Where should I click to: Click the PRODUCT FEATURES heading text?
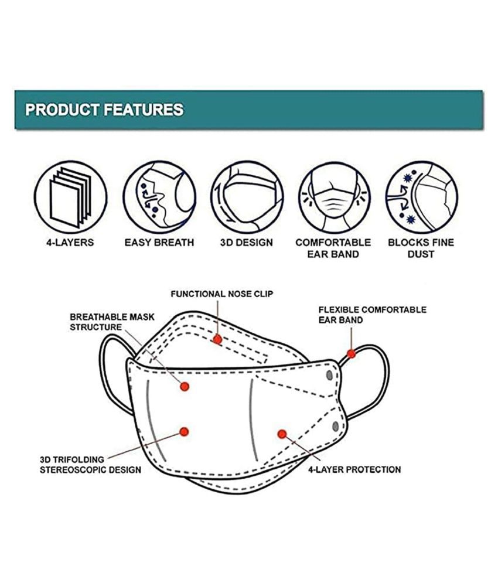tap(104, 110)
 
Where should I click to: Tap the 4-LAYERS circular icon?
tap(71, 197)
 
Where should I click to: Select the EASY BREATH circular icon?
tap(159, 197)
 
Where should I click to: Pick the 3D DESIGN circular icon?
tap(247, 197)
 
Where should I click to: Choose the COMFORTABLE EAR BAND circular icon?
tap(335, 197)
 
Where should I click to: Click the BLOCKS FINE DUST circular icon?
tap(422, 197)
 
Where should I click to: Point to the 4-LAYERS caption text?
tap(70, 243)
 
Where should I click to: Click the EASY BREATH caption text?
tap(159, 243)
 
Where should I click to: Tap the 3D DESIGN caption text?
tap(246, 243)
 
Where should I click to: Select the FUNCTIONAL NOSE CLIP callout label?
tap(222, 294)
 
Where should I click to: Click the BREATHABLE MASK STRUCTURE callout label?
tap(112, 322)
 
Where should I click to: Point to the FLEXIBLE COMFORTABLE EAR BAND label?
tap(372, 315)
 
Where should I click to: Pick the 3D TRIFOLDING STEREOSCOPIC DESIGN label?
tap(90, 465)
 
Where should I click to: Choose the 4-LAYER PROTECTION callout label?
tap(354, 469)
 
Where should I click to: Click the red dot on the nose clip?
tap(217, 339)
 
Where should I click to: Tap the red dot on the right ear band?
tap(351, 353)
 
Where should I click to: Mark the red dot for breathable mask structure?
tap(185, 387)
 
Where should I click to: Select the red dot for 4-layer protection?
tap(282, 434)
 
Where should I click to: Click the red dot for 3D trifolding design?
tap(184, 432)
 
